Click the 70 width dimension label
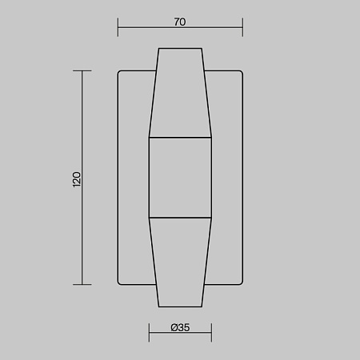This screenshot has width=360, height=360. tap(180, 22)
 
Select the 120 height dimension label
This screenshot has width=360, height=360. tap(77, 179)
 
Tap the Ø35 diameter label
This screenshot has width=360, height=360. tap(180, 327)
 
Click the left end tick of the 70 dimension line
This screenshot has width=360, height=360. tap(118, 27)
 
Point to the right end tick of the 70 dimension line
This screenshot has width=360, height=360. tap(242, 27)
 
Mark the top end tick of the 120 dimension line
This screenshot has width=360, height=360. tap(82, 71)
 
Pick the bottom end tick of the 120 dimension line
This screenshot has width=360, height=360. tap(82, 285)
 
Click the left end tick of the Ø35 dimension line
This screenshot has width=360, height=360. tap(149, 333)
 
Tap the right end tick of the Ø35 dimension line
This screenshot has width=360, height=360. tap(211, 333)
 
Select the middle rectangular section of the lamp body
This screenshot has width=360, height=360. tap(180, 178)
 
